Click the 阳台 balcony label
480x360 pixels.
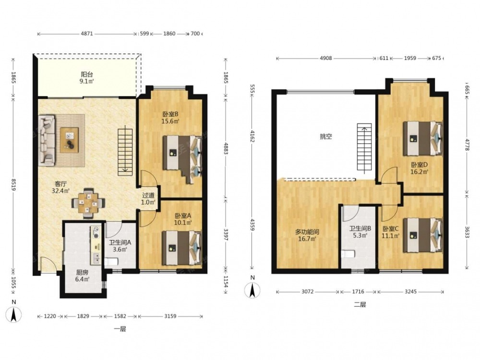[x=87, y=74]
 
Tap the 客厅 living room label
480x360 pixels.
[x=60, y=184]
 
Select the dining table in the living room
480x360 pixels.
[x=88, y=203]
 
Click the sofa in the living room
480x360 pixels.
[x=47, y=141]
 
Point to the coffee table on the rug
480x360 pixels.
[x=69, y=140]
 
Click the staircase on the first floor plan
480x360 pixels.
[x=125, y=152]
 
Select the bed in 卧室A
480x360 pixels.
[x=182, y=248]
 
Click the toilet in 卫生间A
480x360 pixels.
[x=111, y=262]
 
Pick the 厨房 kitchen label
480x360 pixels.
[x=82, y=273]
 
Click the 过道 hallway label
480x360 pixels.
[x=148, y=195]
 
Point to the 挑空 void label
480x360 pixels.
[x=326, y=136]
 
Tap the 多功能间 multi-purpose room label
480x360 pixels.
[x=307, y=232]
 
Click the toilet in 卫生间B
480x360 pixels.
[x=348, y=254]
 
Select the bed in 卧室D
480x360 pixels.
[x=423, y=138]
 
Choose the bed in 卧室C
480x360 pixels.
[x=423, y=235]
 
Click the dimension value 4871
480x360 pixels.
[x=86, y=34]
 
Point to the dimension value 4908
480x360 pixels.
[x=326, y=58]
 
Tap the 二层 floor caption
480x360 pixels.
[x=360, y=305]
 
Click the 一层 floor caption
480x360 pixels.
[x=120, y=329]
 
